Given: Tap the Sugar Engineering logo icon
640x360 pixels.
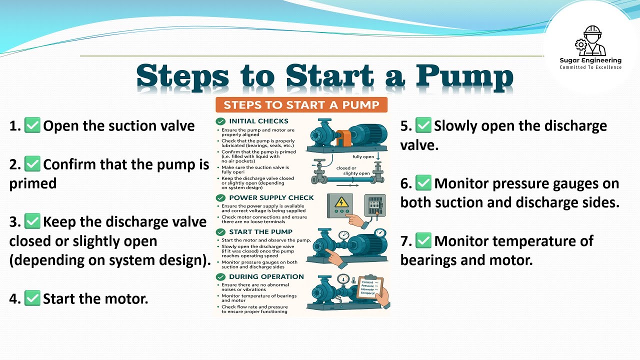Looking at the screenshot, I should (590, 41).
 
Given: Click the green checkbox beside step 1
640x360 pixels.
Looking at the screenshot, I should (32, 125).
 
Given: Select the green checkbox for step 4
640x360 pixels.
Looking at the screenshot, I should (32, 299).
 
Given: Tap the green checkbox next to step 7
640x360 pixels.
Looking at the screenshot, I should (423, 241).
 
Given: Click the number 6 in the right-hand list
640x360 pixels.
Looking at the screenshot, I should (405, 184).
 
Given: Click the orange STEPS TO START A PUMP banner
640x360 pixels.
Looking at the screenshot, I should (301, 105).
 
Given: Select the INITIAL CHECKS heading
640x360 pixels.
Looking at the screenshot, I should (258, 121).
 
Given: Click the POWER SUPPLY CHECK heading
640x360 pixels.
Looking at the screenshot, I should (271, 197).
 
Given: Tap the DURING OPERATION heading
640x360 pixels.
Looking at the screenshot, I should (266, 276).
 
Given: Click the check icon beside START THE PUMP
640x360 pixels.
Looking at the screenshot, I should (220, 232).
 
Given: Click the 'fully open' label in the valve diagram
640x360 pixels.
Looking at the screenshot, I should (363, 156).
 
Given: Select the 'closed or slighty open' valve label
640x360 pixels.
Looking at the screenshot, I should (353, 171).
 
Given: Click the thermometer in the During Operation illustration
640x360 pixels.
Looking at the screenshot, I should (353, 281).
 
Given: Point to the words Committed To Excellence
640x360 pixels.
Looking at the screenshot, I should (590, 67).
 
